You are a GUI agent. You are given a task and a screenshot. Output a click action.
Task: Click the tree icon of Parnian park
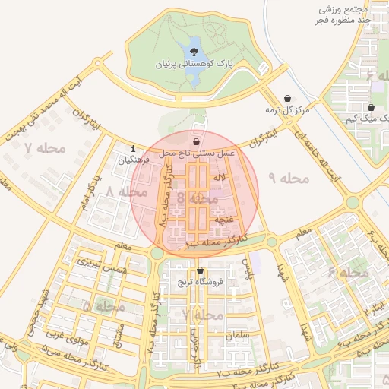(x=195, y=51)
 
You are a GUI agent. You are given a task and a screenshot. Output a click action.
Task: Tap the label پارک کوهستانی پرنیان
(x=196, y=65)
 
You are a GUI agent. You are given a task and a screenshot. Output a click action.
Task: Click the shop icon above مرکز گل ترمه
(x=287, y=98)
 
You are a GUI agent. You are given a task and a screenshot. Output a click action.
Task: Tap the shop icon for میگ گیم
(x=371, y=108)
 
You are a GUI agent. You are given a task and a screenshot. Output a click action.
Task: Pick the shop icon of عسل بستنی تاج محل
(x=197, y=141)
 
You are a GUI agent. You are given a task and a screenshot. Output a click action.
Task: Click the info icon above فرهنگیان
(x=134, y=148)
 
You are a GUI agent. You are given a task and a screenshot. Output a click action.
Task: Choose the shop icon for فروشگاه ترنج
(x=200, y=270)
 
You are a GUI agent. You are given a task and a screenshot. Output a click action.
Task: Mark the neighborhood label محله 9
(x=285, y=179)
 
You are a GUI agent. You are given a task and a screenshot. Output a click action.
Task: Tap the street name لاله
(x=221, y=177)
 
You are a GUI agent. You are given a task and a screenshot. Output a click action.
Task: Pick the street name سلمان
(x=237, y=334)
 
